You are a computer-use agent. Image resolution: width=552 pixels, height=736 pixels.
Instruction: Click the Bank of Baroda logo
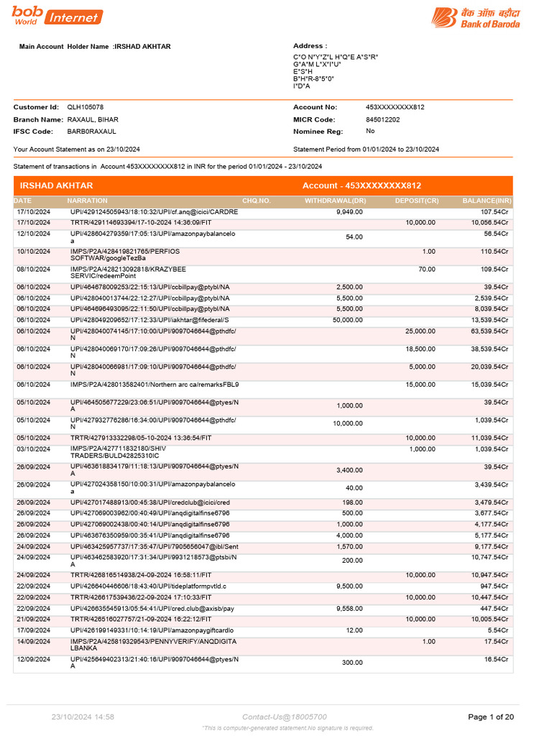476,17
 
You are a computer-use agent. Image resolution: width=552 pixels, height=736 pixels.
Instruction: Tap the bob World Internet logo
57,17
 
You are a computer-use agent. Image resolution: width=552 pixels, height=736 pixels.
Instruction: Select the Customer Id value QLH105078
86,107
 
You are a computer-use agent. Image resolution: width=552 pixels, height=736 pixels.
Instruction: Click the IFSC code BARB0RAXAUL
91,132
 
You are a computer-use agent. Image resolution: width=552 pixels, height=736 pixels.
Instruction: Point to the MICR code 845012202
383,119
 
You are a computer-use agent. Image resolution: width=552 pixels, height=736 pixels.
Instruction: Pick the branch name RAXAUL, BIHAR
93,119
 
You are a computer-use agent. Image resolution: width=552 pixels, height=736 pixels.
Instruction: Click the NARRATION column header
87,201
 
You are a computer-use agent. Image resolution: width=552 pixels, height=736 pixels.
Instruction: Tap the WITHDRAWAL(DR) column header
335,201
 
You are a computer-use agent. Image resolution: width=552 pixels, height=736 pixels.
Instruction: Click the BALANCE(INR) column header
487,201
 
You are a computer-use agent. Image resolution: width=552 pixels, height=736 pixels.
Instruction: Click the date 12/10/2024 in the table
33,234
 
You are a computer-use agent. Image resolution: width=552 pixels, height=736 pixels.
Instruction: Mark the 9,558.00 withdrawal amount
349,609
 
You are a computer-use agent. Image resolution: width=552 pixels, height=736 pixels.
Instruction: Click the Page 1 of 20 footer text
491,717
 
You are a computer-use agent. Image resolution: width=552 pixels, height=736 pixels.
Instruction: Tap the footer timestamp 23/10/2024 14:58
83,717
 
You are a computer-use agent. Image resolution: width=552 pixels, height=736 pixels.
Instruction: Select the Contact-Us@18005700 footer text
285,717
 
